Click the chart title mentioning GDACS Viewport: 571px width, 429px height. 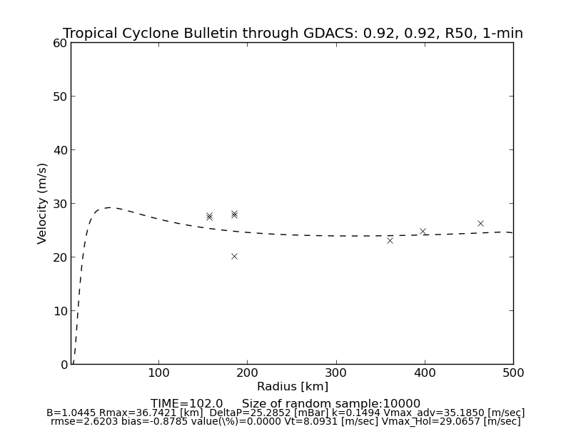coord(293,34)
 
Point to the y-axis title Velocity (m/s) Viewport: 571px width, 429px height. coord(43,203)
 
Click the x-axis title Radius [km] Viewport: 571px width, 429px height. coord(293,387)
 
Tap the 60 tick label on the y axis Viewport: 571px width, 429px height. coord(60,43)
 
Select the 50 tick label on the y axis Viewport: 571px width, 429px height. coord(60,97)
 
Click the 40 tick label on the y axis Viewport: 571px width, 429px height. coord(60,150)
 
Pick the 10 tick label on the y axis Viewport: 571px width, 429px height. coord(60,311)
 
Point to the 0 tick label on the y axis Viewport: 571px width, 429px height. coord(64,365)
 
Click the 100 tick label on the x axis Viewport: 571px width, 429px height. coord(158,373)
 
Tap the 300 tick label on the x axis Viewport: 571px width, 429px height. coord(336,373)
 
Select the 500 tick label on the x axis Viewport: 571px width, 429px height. coord(513,373)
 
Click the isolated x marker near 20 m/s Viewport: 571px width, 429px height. coord(234,256)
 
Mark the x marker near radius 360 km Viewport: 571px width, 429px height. coord(390,240)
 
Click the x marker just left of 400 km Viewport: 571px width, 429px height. coord(423,232)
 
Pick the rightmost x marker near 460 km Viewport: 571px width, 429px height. coord(480,224)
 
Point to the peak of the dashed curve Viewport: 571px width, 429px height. coord(108,207)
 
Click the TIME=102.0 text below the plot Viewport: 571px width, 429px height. coord(187,404)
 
